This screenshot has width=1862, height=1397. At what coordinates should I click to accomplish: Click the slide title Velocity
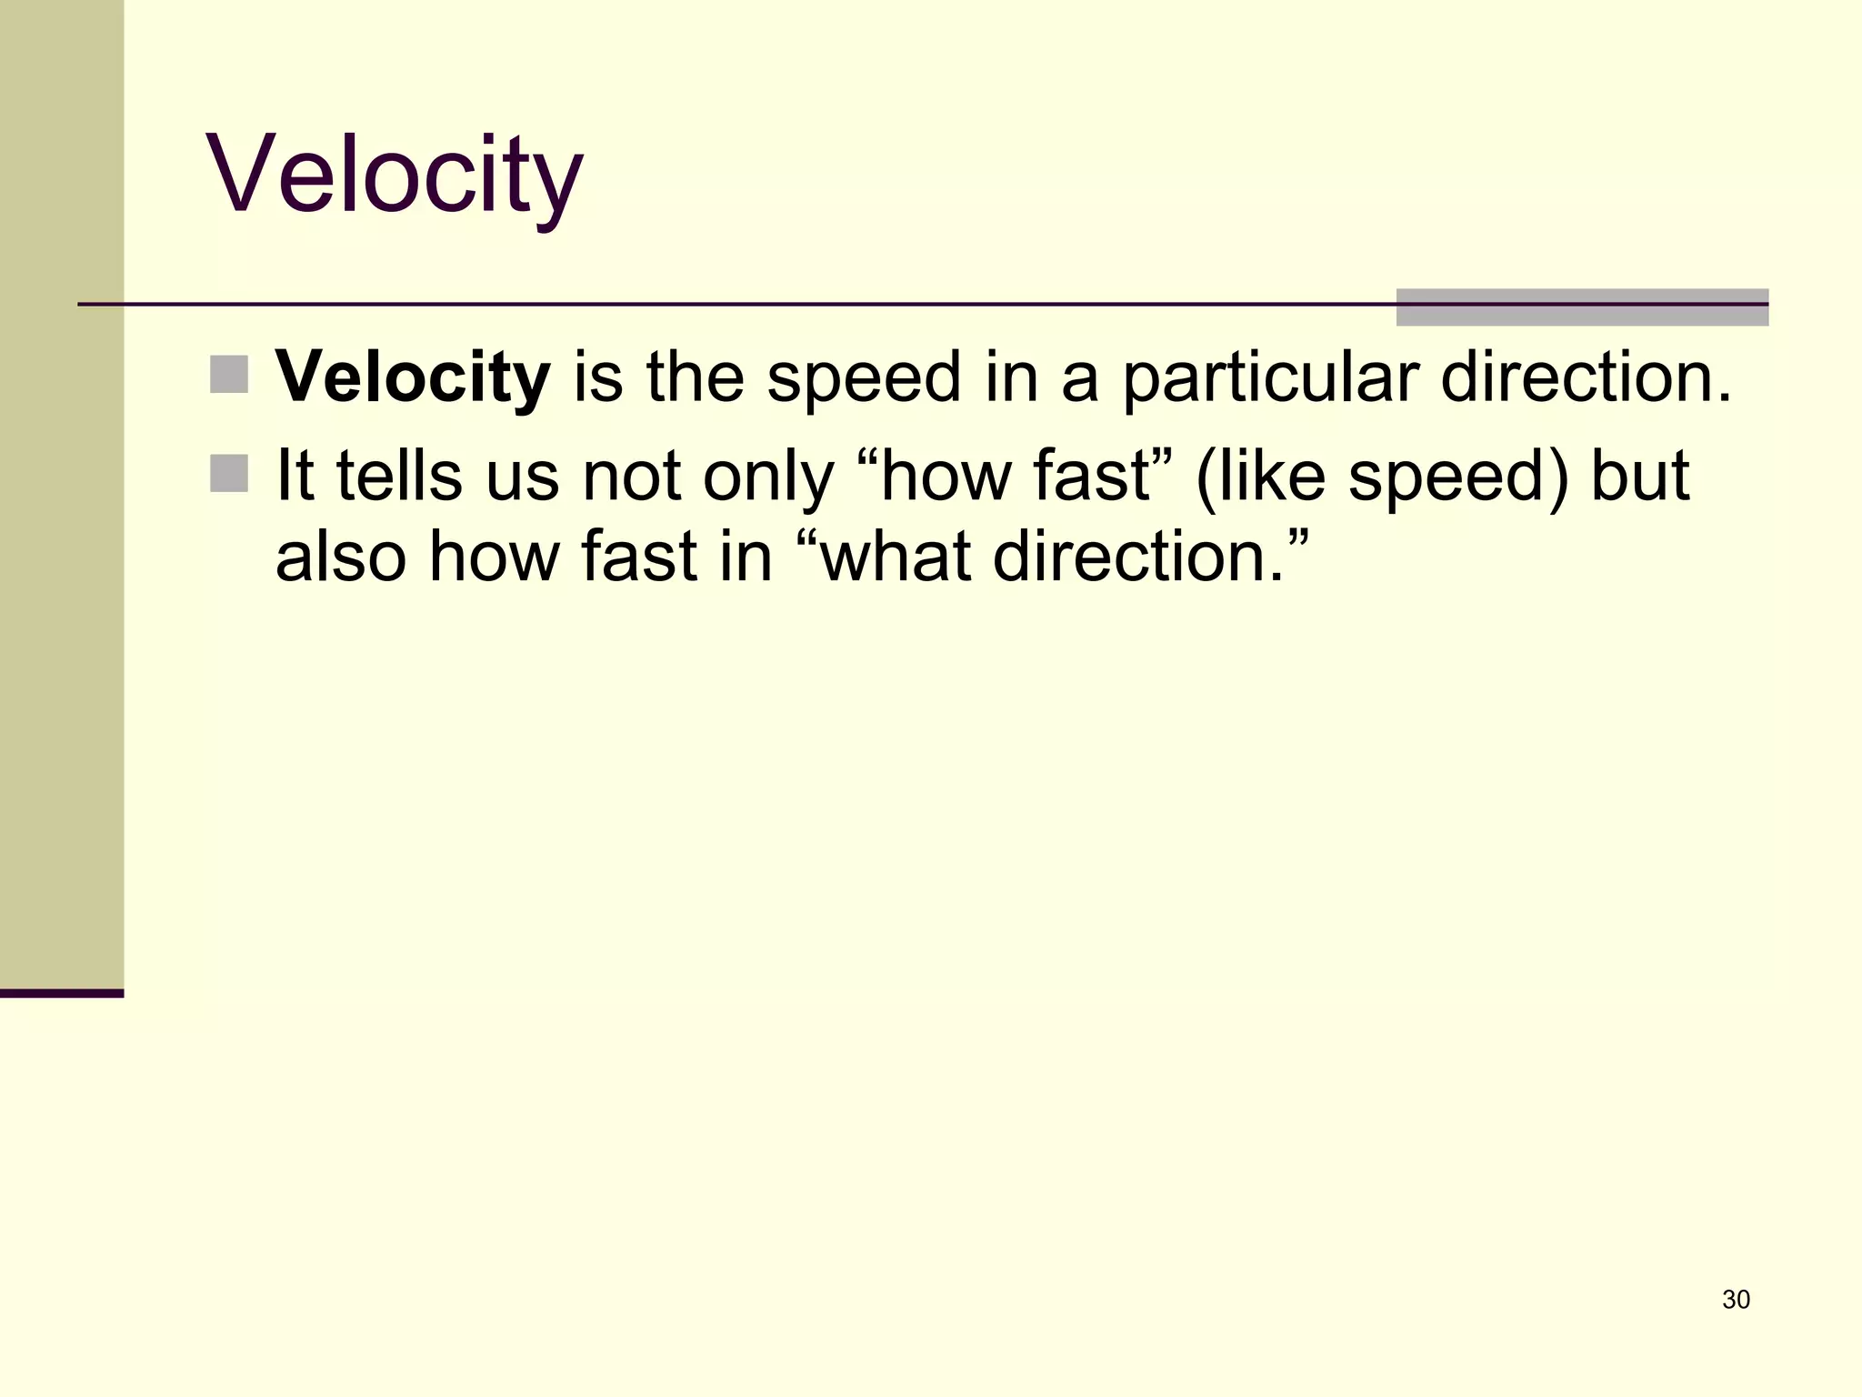point(395,175)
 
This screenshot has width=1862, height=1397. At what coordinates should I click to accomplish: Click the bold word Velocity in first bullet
point(413,377)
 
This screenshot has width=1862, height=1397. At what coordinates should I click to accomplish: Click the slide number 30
point(1736,1300)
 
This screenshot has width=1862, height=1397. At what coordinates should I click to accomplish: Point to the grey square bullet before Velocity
point(229,375)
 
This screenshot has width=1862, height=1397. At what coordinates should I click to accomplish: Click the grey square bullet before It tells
point(229,474)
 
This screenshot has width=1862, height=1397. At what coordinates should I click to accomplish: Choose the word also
point(340,556)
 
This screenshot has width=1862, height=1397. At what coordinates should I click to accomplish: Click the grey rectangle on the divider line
point(1582,307)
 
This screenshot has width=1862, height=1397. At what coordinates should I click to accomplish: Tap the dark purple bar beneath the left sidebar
point(62,993)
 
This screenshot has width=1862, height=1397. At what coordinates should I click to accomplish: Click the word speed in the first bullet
point(864,377)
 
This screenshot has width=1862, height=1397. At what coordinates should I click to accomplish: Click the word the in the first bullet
point(696,377)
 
